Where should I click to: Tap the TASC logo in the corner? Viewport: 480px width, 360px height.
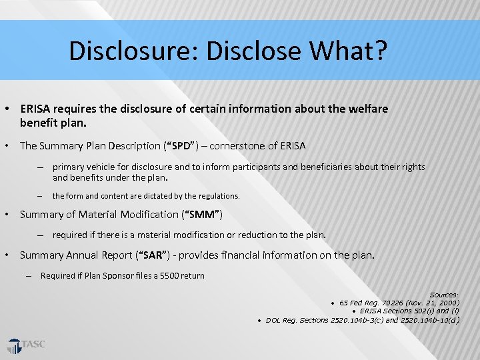pyautogui.click(x=27, y=345)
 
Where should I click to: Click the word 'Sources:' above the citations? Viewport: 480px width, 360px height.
pyautogui.click(x=444, y=295)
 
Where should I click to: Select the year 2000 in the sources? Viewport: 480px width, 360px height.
pyautogui.click(x=445, y=303)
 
